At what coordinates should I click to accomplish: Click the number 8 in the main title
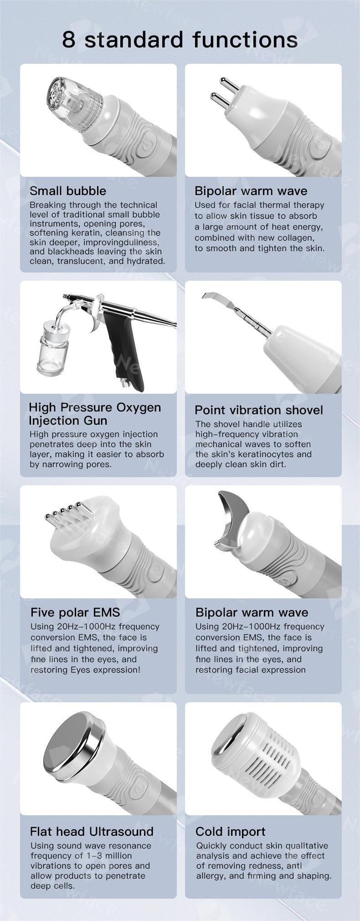tap(68, 40)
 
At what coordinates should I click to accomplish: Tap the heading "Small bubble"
tap(68, 191)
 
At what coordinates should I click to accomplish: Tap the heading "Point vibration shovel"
tap(259, 410)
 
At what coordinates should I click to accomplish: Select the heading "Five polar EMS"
tap(75, 612)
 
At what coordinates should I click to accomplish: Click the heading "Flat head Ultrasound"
tap(92, 832)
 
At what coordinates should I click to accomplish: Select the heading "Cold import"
tap(230, 832)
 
